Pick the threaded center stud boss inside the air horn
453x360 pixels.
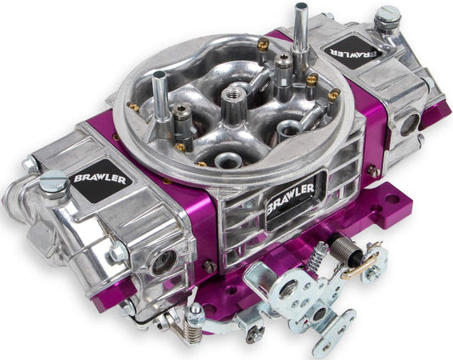click(230, 103)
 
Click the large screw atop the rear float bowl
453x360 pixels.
click(388, 15)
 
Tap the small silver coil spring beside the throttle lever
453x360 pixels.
click(320, 255)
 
